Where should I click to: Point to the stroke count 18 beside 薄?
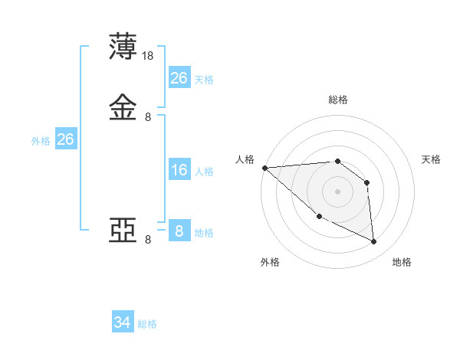[x=149, y=56]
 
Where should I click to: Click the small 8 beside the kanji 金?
[x=148, y=117]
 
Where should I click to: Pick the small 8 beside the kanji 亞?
[x=148, y=240]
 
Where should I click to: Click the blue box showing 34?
[x=123, y=322]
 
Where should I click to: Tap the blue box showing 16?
[x=179, y=170]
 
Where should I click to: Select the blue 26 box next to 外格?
[x=65, y=139]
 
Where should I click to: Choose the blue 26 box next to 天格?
[x=179, y=78]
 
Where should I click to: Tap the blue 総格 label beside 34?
[x=147, y=324]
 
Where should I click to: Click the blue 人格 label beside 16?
[x=204, y=172]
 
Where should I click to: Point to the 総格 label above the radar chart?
[x=337, y=100]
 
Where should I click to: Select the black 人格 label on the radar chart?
[x=245, y=159]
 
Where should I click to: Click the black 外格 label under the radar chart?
[x=269, y=263]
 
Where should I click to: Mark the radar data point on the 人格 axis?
[x=264, y=168]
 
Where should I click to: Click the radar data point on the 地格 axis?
[x=373, y=242]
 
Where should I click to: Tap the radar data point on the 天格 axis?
[x=367, y=182]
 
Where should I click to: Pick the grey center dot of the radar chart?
[x=337, y=191]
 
